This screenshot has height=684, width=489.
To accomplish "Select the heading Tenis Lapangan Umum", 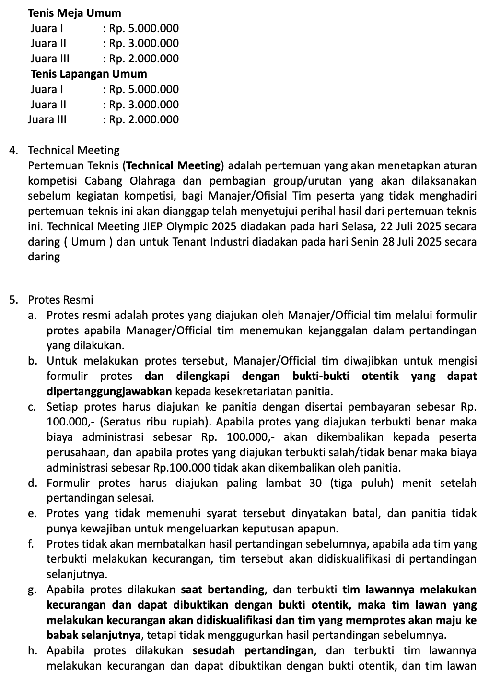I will tap(89, 74).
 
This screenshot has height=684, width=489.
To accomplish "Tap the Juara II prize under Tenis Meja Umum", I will tap(144, 44).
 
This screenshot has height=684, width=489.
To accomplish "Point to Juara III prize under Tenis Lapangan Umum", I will tap(144, 119).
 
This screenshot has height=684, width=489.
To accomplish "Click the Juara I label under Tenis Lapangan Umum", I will tap(47, 89).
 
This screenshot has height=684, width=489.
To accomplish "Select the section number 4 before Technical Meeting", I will tap(13, 151).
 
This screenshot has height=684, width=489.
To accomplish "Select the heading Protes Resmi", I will tap(60, 300).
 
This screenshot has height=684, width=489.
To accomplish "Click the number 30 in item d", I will tap(315, 483).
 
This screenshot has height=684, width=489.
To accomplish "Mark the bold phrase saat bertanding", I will tap(223, 590).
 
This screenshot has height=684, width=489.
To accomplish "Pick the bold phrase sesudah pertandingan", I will tap(254, 651).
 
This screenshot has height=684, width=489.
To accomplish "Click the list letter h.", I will tap(32, 651).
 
